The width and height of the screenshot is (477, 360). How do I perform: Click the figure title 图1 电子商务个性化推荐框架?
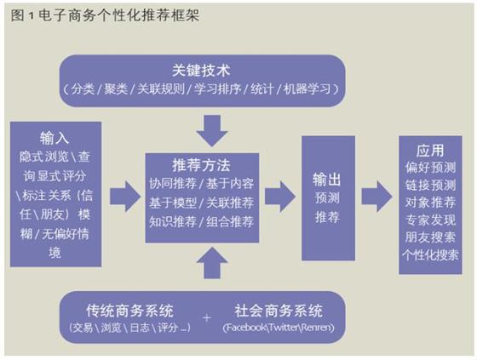[x=105, y=15]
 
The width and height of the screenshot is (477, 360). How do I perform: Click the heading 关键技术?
[x=201, y=71]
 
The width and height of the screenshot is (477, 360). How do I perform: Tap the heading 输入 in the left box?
[x=55, y=139]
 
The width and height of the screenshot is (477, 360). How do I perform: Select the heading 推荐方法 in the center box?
[x=201, y=165]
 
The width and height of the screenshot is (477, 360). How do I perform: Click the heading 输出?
[x=327, y=180]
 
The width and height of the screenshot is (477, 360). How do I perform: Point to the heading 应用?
[x=430, y=151]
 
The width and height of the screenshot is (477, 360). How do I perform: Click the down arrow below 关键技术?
[x=212, y=131]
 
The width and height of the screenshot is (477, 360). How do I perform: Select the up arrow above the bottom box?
[x=212, y=263]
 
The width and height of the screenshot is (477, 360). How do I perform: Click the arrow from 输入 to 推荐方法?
[x=125, y=197]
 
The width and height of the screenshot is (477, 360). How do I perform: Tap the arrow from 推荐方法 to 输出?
[x=280, y=197]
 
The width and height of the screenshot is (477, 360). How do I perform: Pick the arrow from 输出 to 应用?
[x=376, y=197]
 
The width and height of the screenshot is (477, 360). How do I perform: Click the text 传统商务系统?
[x=129, y=311]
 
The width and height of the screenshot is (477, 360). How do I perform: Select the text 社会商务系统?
[x=279, y=311]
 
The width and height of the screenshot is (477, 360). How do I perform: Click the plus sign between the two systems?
[x=207, y=318]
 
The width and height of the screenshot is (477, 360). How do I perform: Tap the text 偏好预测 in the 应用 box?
[x=430, y=168]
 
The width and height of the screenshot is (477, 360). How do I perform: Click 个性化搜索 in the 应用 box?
[x=430, y=254]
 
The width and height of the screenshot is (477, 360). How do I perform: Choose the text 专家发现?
[x=430, y=220]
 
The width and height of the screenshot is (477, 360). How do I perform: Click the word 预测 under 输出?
[x=327, y=197]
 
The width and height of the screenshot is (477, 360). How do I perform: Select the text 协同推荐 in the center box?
[x=173, y=183]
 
